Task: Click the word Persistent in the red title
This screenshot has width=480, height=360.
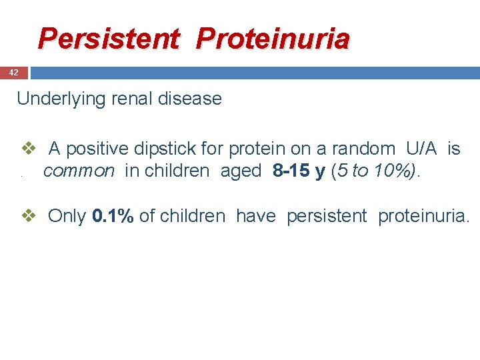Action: coord(109,39)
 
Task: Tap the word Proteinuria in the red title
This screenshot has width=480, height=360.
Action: coord(273,39)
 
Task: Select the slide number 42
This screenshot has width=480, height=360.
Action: coord(13,72)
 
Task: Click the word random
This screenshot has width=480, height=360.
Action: coord(364,149)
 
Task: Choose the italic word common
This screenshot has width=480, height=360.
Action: coord(79,171)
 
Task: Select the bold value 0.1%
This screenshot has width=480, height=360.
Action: coord(113,216)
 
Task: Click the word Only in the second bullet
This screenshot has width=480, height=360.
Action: coord(67,216)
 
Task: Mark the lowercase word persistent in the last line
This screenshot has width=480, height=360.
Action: coord(327,216)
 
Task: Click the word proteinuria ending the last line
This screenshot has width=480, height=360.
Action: coord(423,216)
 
